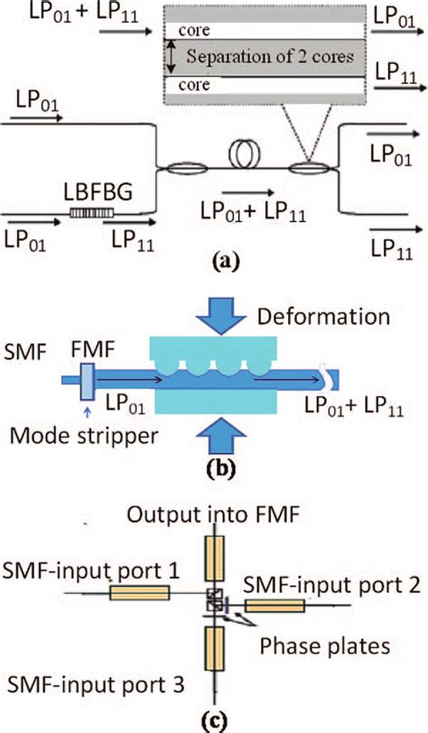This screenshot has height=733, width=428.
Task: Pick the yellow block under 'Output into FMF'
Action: click(x=215, y=557)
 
